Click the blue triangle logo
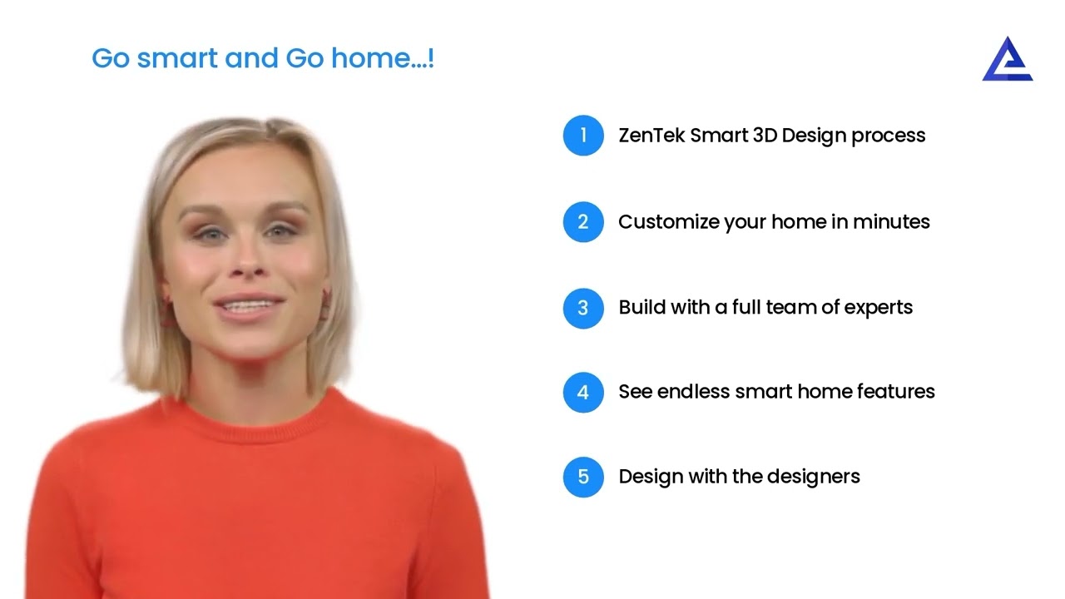tap(1007, 60)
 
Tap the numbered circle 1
tap(583, 136)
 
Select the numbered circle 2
tap(583, 222)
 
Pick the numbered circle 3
tap(583, 308)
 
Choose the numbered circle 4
tap(583, 392)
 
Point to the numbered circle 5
tap(583, 477)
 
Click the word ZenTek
tap(651, 136)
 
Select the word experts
tap(879, 308)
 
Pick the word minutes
tap(891, 222)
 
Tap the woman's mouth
tap(247, 308)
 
